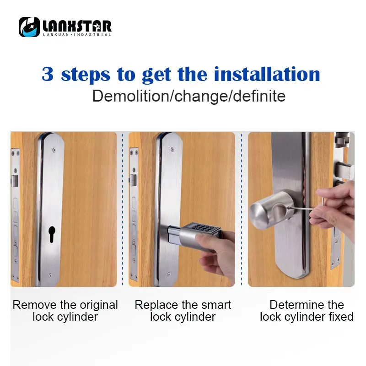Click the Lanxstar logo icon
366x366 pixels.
point(29,27)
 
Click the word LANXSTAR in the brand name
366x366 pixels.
point(77,26)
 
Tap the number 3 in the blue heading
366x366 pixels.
point(48,74)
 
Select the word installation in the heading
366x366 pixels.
point(267,74)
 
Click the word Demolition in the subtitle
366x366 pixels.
point(131,96)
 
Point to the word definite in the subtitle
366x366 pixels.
point(259,96)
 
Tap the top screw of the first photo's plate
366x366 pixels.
point(54,150)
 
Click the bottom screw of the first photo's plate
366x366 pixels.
point(50,276)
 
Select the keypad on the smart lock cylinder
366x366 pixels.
point(203,227)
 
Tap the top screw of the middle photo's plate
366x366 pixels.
point(172,149)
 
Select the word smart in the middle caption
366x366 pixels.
point(216,305)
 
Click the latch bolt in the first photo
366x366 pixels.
point(15,181)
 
